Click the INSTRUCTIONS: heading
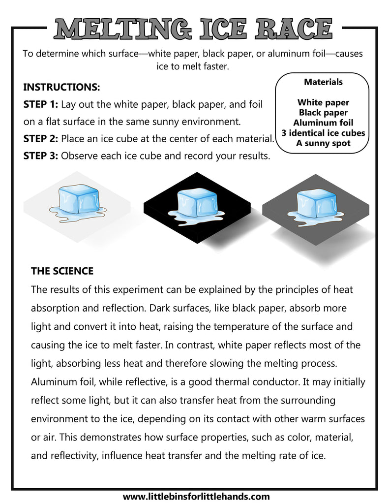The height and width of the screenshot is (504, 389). [x=61, y=88]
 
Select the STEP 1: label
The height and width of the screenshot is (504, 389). [x=41, y=104]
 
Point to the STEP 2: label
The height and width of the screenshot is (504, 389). [x=41, y=138]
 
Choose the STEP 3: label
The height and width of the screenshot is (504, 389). [x=41, y=156]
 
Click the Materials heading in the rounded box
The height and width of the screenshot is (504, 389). [x=323, y=82]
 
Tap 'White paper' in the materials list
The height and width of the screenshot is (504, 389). [x=323, y=102]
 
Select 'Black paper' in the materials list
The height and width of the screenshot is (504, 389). [x=323, y=113]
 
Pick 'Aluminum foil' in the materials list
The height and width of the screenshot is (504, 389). [x=323, y=123]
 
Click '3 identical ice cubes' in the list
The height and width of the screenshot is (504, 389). [x=323, y=133]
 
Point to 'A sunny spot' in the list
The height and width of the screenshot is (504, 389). [x=323, y=143]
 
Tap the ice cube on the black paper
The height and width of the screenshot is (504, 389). [x=197, y=201]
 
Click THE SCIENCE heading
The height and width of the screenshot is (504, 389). [x=62, y=271]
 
